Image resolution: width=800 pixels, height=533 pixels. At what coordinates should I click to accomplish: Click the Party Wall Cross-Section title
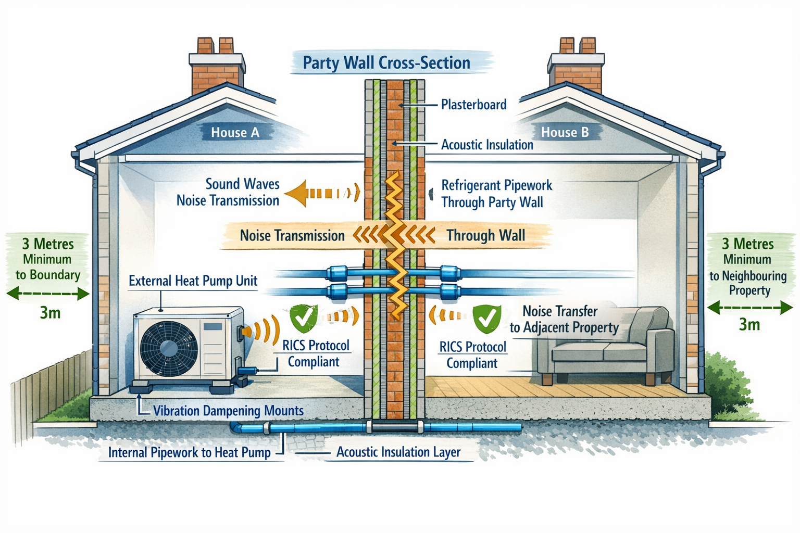(386, 63)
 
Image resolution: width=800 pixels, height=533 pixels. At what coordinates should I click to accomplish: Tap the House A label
(235, 133)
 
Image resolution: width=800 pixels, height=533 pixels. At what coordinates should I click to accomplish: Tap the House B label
(565, 132)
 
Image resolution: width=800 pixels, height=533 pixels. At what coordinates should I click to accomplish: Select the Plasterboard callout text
(473, 105)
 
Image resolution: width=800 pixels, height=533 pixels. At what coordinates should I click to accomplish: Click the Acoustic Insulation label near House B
(487, 145)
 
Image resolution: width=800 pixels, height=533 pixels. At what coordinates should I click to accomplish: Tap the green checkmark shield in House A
(303, 318)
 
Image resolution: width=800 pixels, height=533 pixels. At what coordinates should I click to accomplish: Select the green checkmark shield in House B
(486, 319)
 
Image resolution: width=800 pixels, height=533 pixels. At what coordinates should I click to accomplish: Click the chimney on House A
(217, 68)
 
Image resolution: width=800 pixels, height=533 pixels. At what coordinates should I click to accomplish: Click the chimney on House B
(577, 68)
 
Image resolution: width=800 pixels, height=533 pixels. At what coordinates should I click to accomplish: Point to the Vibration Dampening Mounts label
(228, 411)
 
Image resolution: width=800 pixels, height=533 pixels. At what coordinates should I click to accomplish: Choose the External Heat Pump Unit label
(193, 281)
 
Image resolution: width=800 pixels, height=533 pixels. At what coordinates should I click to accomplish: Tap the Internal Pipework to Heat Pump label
(189, 452)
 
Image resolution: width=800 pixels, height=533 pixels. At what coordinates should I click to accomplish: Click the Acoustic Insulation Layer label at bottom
(398, 452)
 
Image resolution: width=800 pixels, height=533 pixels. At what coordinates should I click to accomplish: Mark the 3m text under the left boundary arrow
(50, 313)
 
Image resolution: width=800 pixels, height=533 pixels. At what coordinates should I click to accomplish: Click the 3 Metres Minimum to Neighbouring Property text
(748, 266)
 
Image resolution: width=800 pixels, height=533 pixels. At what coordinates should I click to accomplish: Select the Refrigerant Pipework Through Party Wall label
(496, 194)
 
